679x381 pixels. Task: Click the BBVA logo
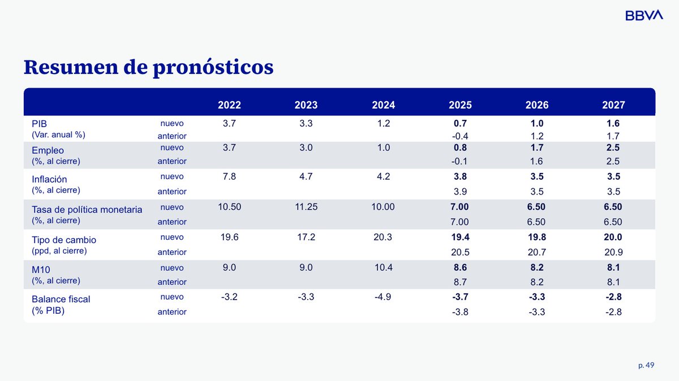coord(643,16)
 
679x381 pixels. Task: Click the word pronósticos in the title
coord(213,67)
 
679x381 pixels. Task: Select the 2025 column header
coord(460,105)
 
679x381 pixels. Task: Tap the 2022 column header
coord(229,105)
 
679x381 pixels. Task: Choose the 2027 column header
coord(614,105)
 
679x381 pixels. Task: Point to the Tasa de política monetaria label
coord(87,210)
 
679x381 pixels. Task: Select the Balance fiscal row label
coord(61,299)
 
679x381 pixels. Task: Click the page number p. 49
coord(646,365)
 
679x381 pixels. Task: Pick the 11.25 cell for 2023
coord(306,207)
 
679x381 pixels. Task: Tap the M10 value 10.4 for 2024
coord(383,267)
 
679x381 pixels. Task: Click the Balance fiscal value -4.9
coord(383,297)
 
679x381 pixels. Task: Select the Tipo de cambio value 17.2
coord(306,237)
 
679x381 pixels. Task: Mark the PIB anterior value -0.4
coord(460,136)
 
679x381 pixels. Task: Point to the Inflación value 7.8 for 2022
coord(229,176)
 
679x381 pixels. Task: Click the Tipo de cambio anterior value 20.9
coord(614,252)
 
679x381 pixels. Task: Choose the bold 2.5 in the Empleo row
coord(614,148)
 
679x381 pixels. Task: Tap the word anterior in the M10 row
coord(171,282)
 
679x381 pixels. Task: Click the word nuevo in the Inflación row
coord(171,176)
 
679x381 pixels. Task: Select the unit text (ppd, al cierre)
coord(59,250)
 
